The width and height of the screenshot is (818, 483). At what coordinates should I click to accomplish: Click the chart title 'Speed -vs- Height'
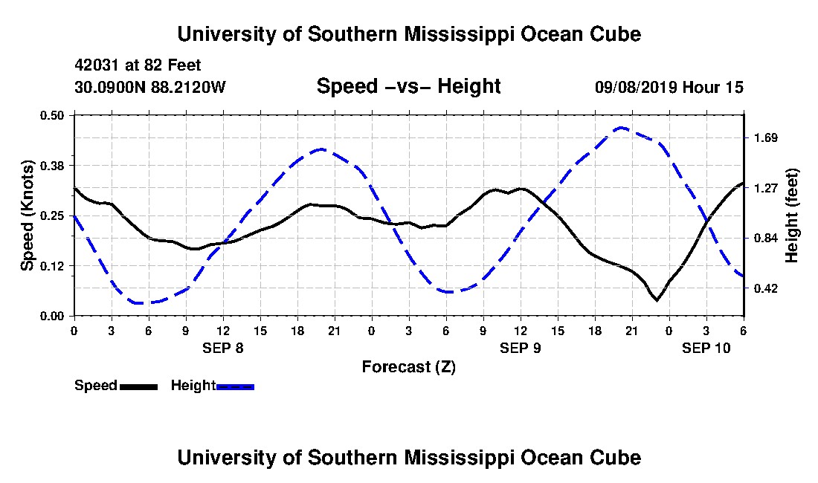408,87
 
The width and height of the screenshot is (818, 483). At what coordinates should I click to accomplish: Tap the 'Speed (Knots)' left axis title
28,215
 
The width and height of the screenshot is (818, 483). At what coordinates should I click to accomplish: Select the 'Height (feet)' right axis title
791,215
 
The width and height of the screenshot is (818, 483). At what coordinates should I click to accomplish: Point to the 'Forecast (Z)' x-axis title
408,366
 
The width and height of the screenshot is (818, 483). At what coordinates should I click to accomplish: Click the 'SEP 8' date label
223,348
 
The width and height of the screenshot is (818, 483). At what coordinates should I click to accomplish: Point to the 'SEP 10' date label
706,348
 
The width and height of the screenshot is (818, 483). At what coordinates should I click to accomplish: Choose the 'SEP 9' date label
521,348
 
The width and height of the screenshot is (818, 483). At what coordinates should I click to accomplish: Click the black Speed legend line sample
138,386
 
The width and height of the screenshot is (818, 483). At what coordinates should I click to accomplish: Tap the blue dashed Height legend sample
235,386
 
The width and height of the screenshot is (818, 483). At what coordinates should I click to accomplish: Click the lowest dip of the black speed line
657,300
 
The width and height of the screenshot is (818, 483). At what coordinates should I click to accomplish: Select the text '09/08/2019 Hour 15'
669,87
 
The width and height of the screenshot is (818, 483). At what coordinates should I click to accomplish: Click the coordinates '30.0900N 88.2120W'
149,87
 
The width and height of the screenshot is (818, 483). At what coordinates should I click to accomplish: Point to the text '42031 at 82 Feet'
138,66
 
